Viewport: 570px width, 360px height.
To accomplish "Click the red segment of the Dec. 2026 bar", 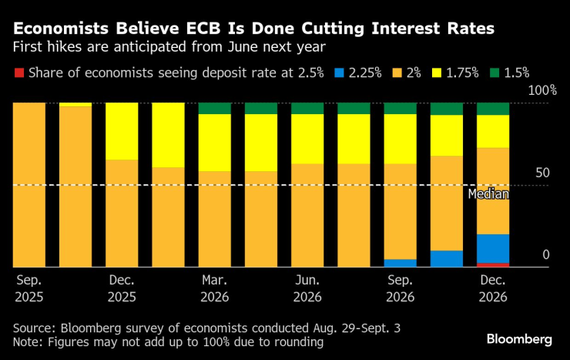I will coord(492,265).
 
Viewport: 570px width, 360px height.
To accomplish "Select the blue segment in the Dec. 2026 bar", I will coord(492,248).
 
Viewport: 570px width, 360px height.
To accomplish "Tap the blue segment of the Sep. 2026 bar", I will coord(400,263).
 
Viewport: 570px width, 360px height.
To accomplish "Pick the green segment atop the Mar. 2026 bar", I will coord(214,108).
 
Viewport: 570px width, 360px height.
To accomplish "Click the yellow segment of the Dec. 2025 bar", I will coord(122,131).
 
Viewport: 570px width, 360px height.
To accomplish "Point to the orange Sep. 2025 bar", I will coord(29,185).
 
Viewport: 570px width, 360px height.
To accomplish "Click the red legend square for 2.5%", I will coord(19,73).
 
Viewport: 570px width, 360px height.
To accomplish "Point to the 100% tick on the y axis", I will coord(541,91).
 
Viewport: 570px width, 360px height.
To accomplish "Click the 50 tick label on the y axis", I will coord(542,172).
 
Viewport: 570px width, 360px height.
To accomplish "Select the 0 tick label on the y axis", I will coord(545,254).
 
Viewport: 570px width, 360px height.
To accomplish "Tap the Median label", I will coord(488,194).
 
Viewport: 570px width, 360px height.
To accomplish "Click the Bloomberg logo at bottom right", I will coord(519,339).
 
